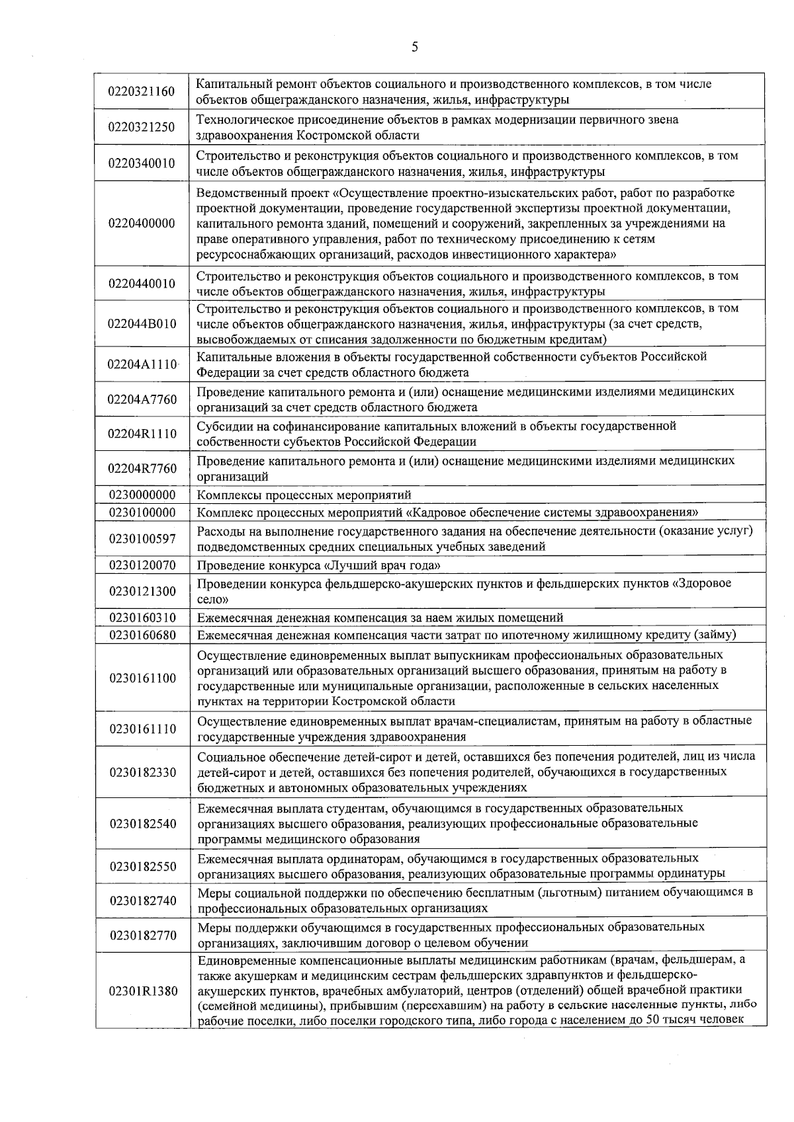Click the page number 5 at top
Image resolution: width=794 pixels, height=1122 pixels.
pyautogui.click(x=414, y=46)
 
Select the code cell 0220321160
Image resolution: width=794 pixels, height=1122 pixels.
pyautogui.click(x=142, y=91)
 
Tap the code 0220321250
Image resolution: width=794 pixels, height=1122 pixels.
pyautogui.click(x=142, y=128)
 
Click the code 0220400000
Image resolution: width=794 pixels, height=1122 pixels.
pyautogui.click(x=142, y=223)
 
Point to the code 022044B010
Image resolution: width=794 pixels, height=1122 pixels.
pyautogui.click(x=142, y=324)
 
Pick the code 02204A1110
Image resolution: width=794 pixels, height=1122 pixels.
pyautogui.click(x=142, y=364)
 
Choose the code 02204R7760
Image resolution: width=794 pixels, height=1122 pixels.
pyautogui.click(x=142, y=469)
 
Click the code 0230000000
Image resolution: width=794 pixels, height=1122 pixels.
pyautogui.click(x=142, y=495)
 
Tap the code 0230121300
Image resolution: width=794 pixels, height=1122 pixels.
pyautogui.click(x=142, y=592)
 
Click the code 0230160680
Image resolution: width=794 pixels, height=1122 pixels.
pyautogui.click(x=142, y=635)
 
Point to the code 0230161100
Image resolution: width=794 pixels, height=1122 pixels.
pyautogui.click(x=142, y=678)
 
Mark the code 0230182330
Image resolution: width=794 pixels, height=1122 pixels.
pyautogui.click(x=142, y=772)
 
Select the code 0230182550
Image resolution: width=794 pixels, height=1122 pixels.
pyautogui.click(x=142, y=866)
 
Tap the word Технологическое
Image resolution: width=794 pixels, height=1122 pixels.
pyautogui.click(x=242, y=120)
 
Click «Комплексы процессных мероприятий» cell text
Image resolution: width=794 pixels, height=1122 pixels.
pyautogui.click(x=304, y=495)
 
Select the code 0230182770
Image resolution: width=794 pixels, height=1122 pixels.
pyautogui.click(x=142, y=936)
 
